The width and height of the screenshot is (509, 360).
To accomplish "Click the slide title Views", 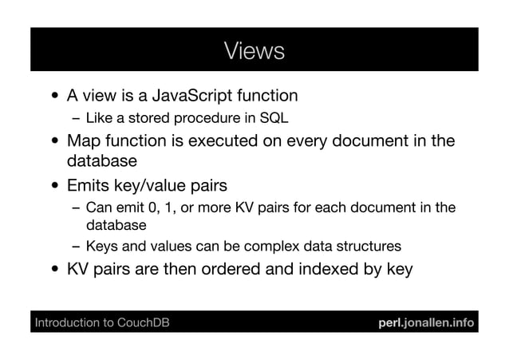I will pyautogui.click(x=254, y=51).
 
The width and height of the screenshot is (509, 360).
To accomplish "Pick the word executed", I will pyautogui.click(x=229, y=142).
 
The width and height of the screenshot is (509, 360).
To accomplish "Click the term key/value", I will pyautogui.click(x=153, y=186).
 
